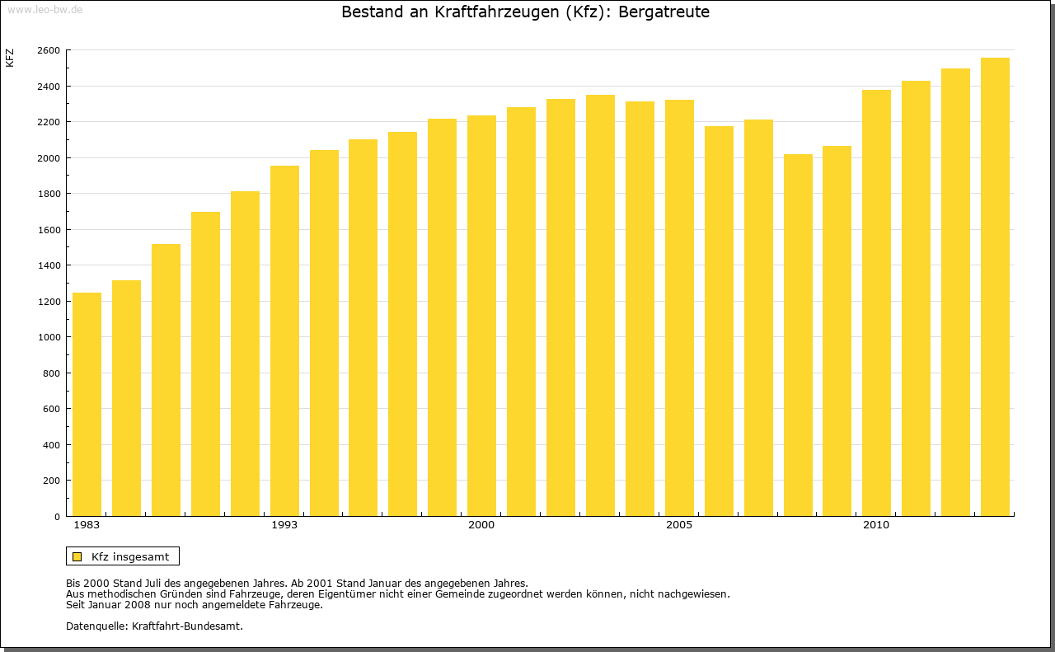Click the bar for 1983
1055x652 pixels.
(87, 404)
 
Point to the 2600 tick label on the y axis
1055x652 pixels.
(49, 50)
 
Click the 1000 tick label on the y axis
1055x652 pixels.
(49, 337)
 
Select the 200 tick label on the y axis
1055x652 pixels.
(52, 481)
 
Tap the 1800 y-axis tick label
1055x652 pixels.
(49, 194)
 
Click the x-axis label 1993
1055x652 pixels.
(284, 525)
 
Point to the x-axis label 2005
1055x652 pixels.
(679, 525)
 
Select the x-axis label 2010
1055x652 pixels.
(876, 525)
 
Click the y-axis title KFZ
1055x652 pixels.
(10, 58)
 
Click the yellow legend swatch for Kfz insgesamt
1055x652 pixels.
(77, 556)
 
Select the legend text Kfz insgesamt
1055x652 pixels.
(130, 556)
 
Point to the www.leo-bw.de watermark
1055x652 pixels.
(45, 8)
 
